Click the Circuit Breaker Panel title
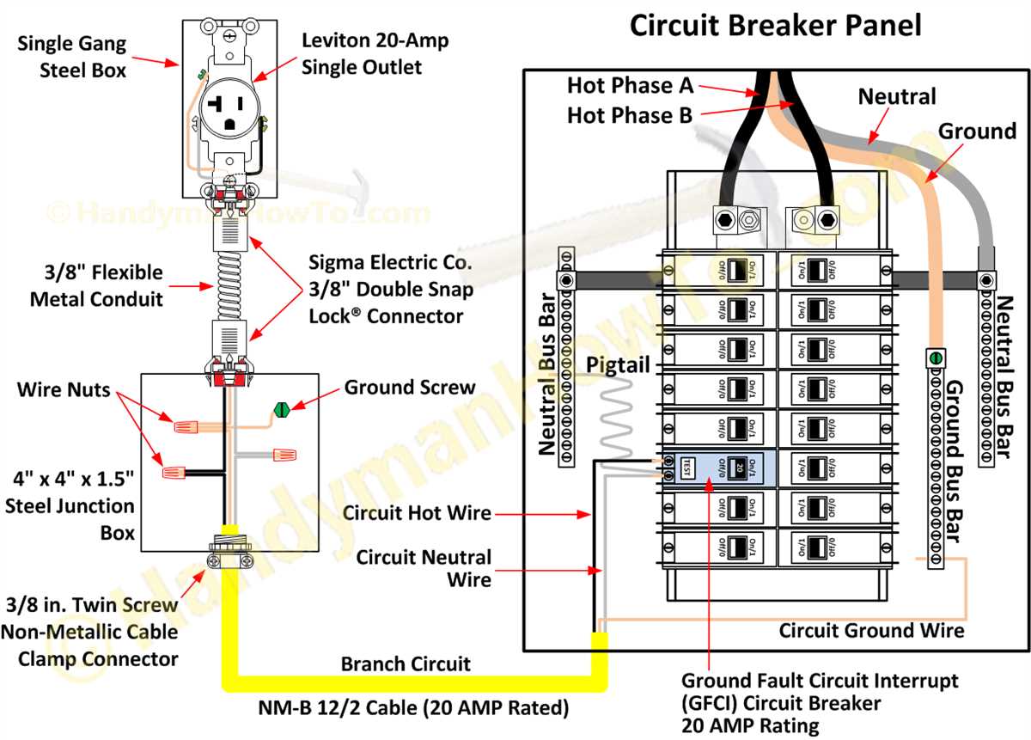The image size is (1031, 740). click(775, 25)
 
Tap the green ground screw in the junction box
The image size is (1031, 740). click(279, 411)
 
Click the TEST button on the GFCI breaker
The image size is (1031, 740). click(687, 468)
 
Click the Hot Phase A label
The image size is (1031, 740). click(630, 85)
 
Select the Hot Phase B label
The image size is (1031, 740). click(630, 115)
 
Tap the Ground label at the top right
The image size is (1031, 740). click(977, 131)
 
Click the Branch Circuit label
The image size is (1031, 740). click(406, 664)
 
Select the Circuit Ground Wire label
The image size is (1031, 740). click(871, 631)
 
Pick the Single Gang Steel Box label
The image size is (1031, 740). click(71, 57)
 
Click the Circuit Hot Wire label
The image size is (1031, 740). click(417, 513)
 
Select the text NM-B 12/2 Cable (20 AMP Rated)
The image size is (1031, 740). click(413, 708)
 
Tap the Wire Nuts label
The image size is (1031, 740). click(64, 390)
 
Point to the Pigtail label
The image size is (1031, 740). click(618, 364)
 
